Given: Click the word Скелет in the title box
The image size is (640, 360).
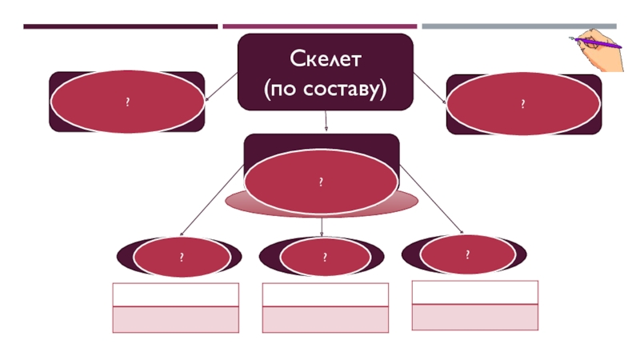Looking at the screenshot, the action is pos(326,58).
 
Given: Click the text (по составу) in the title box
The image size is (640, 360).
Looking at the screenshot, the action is pos(325,89).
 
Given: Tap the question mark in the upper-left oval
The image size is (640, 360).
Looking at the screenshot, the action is pos(128,102).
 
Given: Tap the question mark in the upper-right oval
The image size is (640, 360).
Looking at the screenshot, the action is pos(523,104).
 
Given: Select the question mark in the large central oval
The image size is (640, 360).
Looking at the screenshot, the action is pos(322,182).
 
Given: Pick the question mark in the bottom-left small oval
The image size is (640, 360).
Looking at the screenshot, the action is pos(182,257).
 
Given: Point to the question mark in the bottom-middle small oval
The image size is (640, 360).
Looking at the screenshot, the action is pos(325,257).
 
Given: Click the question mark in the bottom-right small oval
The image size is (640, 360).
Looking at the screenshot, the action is pos(468,254).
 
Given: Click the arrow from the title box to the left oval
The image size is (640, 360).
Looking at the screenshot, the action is pos(222,87).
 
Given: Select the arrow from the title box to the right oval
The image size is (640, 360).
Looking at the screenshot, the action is pos(430,88).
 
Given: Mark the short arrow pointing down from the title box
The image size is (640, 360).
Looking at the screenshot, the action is pos(326,121).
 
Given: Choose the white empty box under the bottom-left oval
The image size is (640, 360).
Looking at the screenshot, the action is pos(176,294).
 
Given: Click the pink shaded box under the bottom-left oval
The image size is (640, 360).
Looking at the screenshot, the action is pos(176,319).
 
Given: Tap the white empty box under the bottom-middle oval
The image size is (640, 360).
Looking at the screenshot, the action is pos(326,294).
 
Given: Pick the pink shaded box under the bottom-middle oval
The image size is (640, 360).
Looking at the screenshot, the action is pos(326,319).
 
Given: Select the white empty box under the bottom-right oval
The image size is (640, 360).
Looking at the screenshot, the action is pos(475,292).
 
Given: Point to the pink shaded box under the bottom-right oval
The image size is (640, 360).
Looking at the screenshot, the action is pos(475,317).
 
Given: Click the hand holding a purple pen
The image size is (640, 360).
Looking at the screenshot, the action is pos(597,50).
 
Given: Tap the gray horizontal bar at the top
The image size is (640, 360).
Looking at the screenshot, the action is pos(519,26).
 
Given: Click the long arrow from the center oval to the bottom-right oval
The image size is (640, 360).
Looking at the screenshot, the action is pos(431,199).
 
